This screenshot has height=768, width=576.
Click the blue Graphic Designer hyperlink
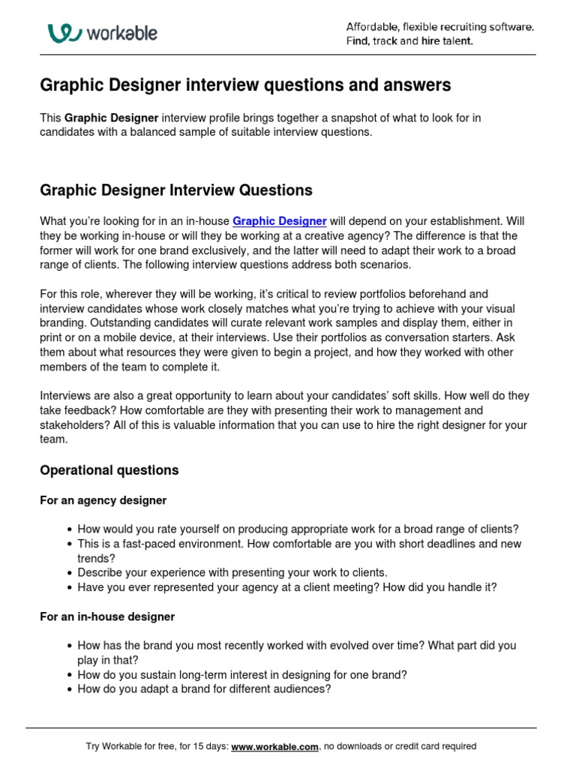point(279,221)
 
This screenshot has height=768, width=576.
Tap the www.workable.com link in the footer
point(274,746)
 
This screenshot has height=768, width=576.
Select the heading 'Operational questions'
point(109,470)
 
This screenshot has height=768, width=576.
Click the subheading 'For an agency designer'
point(103,500)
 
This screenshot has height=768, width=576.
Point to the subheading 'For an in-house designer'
point(106,616)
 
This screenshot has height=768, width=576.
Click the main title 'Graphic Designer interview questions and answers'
point(245,85)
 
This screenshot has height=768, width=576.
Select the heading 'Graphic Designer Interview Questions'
point(175,190)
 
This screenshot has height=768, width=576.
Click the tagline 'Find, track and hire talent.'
point(409,41)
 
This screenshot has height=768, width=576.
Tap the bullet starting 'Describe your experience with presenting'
point(232,572)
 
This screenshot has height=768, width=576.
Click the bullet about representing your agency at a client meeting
point(286,587)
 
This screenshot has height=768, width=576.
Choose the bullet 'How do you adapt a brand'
point(204,688)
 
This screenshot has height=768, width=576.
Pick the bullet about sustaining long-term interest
point(242,674)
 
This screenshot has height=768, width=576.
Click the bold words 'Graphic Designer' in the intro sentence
point(111,118)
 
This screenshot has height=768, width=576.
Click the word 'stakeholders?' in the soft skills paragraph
point(73,425)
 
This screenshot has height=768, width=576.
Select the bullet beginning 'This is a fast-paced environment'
point(299,544)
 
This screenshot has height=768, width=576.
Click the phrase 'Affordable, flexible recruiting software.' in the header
point(439,27)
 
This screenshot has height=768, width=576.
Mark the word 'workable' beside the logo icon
point(121,34)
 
